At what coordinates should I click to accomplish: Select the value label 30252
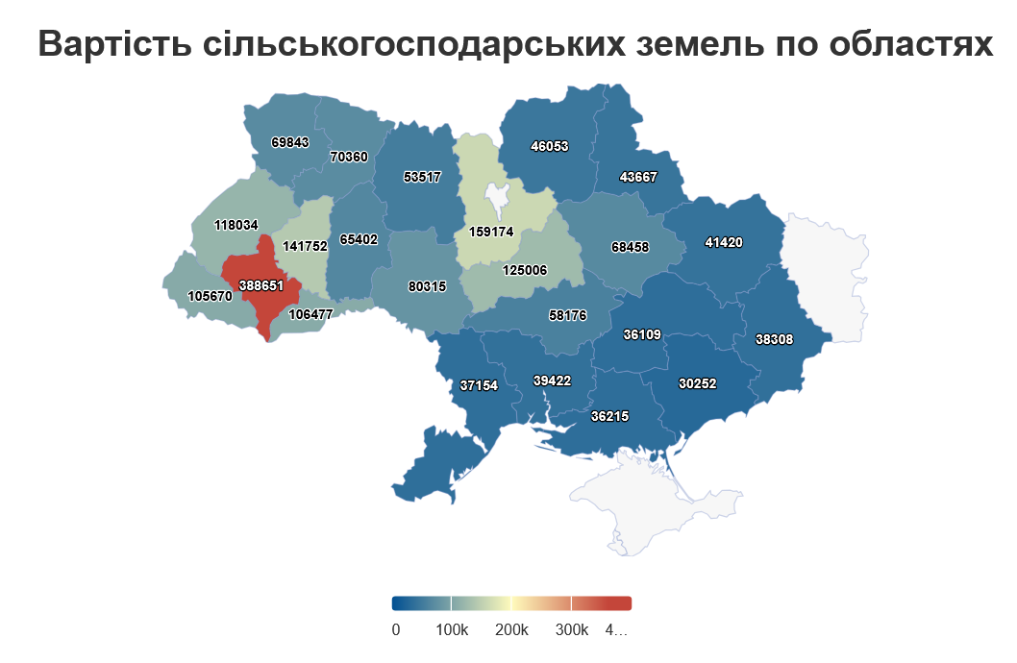697,382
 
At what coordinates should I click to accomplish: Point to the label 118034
236,225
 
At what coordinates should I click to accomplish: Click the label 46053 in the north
550,147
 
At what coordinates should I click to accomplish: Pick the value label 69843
289,142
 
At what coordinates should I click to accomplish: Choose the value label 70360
348,156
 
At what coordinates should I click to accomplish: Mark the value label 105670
210,296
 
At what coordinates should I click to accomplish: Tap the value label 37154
479,385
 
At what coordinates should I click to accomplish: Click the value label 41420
723,242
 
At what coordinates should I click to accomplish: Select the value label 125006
524,270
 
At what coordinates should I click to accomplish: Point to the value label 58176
567,314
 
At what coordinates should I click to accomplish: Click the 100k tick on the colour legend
452,603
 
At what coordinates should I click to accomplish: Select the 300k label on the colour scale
571,630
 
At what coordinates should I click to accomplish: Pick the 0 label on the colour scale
396,630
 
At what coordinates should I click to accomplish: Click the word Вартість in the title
114,44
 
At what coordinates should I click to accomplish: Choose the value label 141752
306,246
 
